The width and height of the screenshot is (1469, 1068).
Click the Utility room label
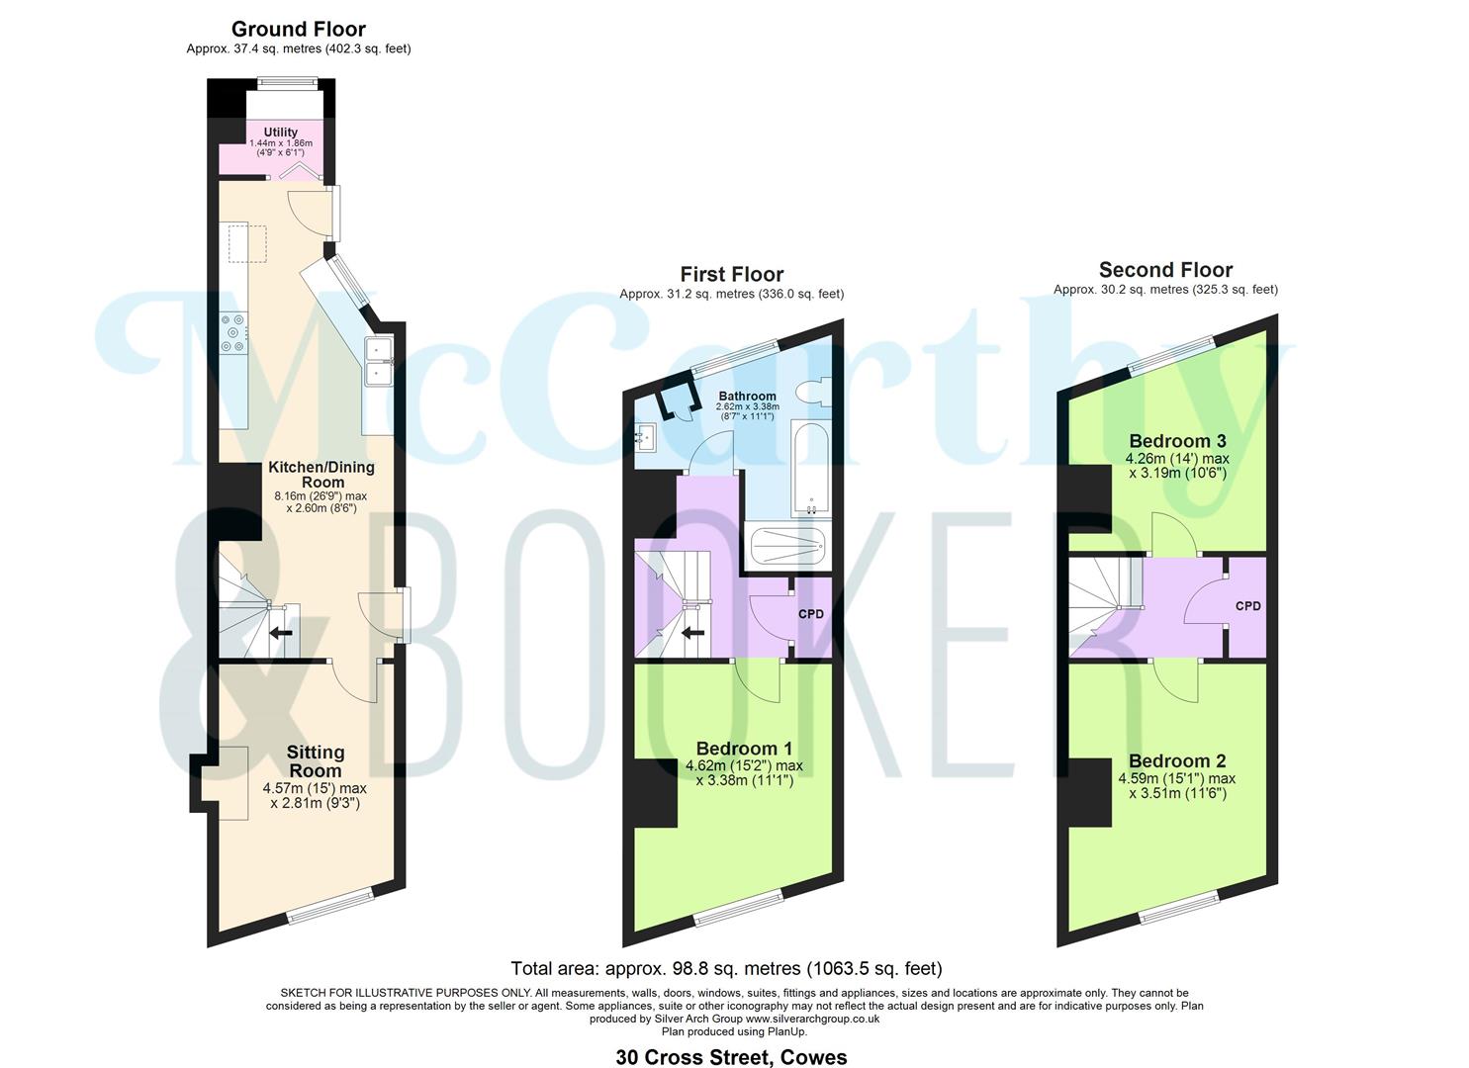click(x=280, y=133)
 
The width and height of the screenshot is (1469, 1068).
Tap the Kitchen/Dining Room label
click(x=321, y=475)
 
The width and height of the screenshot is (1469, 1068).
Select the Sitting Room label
click(x=316, y=761)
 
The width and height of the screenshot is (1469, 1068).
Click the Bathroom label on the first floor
click(x=747, y=396)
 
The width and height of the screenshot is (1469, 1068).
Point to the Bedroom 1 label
click(x=744, y=749)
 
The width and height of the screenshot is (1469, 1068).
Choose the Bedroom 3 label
click(x=1177, y=441)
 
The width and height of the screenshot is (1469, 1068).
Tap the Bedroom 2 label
click(x=1177, y=760)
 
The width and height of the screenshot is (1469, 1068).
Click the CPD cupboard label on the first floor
click(x=811, y=614)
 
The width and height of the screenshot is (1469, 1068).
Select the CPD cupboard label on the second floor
click(x=1247, y=606)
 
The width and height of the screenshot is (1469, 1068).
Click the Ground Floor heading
click(x=299, y=30)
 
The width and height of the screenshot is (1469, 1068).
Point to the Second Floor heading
click(x=1165, y=270)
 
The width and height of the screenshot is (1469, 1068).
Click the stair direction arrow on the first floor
click(x=693, y=633)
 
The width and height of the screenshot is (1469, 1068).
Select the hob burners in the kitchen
click(x=234, y=332)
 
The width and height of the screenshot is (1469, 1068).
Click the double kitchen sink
click(x=379, y=361)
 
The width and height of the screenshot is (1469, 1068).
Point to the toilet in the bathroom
click(x=818, y=393)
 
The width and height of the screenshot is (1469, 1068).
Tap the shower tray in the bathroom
click(x=787, y=544)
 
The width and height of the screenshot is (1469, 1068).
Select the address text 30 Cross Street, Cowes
click(x=731, y=1057)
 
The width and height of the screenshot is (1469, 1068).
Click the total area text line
click(x=726, y=968)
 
